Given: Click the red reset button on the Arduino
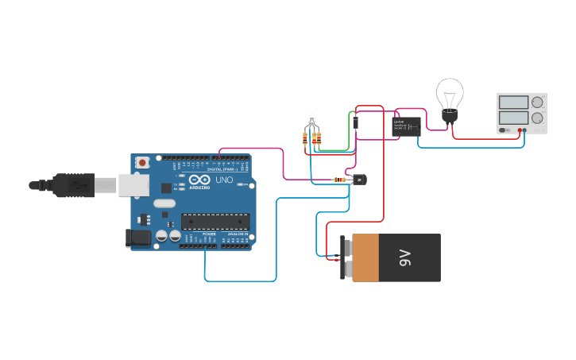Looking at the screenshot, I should coord(142,162).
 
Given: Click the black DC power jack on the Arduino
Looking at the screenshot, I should coord(138,238).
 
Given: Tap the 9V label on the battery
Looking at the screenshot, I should coord(405,257).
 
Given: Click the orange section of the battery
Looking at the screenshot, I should coord(365,257).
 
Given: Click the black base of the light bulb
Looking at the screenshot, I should coord(449,118).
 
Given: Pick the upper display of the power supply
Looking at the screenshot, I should coord(512,102).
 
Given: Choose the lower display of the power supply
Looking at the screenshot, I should coord(512,118).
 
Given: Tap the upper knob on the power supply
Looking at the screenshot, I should coord(538,102).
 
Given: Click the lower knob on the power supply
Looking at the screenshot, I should coord(538,118).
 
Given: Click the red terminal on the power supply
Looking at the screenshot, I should coord(520,130).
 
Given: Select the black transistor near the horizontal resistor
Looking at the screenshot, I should coord(359,180).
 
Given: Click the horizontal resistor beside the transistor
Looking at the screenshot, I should coord(341,180).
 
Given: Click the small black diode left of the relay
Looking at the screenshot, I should coord(355,122).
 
